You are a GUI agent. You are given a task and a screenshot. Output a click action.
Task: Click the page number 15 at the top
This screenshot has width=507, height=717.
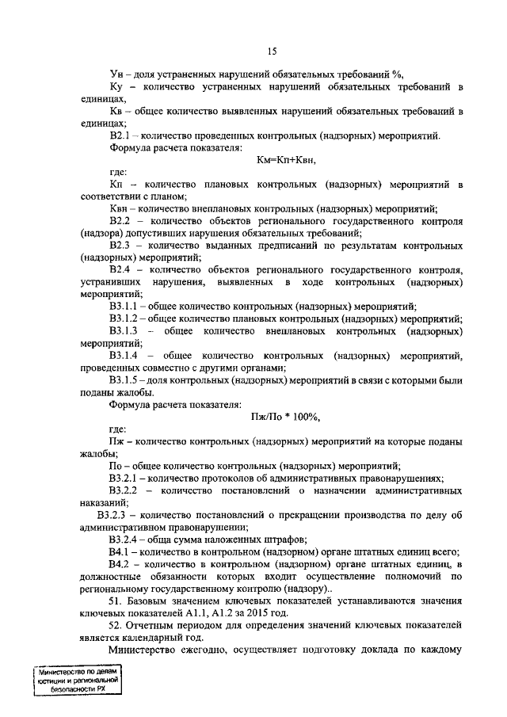pos(271,52)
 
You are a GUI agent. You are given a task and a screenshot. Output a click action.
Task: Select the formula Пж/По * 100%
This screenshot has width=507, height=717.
pos(284,417)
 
